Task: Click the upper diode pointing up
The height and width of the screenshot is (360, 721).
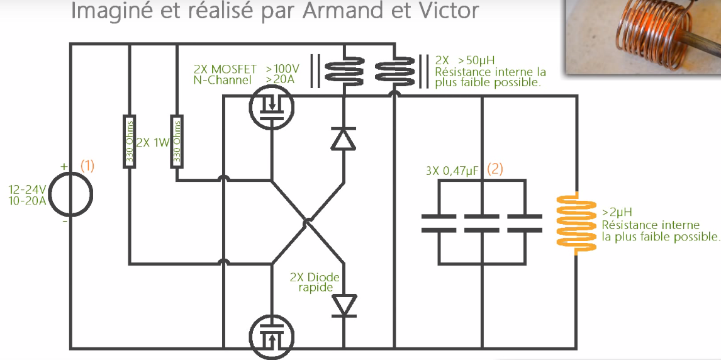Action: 344,138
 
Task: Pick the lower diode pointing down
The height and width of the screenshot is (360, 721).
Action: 344,305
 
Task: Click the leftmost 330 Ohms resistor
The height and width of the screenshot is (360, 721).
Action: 129,142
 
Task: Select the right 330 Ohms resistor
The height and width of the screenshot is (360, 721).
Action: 177,142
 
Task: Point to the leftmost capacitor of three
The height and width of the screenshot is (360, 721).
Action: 439,223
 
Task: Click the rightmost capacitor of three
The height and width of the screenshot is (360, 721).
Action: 524,223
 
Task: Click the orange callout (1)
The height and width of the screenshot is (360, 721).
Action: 87,166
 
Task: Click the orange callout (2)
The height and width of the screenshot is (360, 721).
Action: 495,169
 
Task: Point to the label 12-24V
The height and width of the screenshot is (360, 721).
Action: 26,189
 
